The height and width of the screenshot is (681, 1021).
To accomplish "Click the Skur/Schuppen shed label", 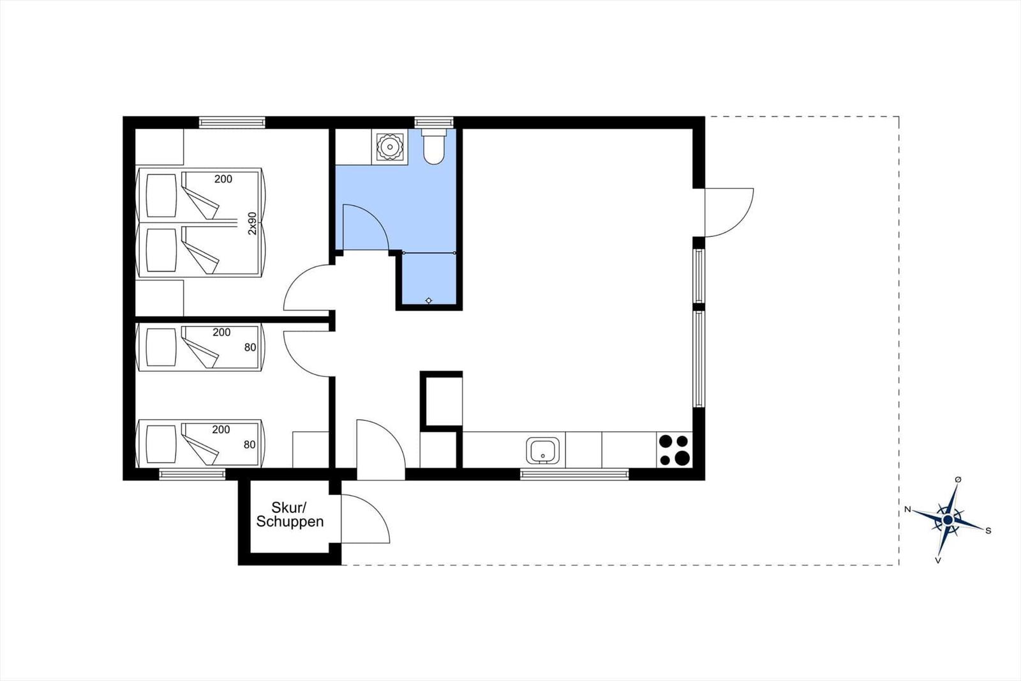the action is click(290, 514).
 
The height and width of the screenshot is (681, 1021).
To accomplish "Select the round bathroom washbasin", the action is click(389, 146).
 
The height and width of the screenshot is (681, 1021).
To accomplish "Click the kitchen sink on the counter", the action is click(542, 450).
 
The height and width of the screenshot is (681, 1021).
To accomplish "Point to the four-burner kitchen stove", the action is click(674, 450).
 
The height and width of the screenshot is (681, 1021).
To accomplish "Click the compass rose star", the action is click(948, 520).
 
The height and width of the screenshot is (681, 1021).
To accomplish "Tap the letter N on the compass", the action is click(907, 509).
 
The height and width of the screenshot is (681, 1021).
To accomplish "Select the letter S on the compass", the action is click(988, 531).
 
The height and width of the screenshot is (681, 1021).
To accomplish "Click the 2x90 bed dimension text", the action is click(252, 223).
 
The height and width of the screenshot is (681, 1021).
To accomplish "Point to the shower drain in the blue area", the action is click(428, 300).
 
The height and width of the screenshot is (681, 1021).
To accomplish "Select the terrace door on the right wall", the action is click(729, 212).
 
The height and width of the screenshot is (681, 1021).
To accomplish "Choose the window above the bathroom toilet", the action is click(434, 122).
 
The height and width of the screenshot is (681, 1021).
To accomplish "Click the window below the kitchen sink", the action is click(574, 474).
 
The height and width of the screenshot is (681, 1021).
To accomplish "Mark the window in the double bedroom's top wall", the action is click(232, 122).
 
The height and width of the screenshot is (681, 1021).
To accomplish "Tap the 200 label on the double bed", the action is click(223, 179).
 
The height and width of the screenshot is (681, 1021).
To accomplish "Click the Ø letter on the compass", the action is click(958, 480).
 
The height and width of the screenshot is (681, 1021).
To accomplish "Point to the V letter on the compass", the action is click(938, 560).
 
